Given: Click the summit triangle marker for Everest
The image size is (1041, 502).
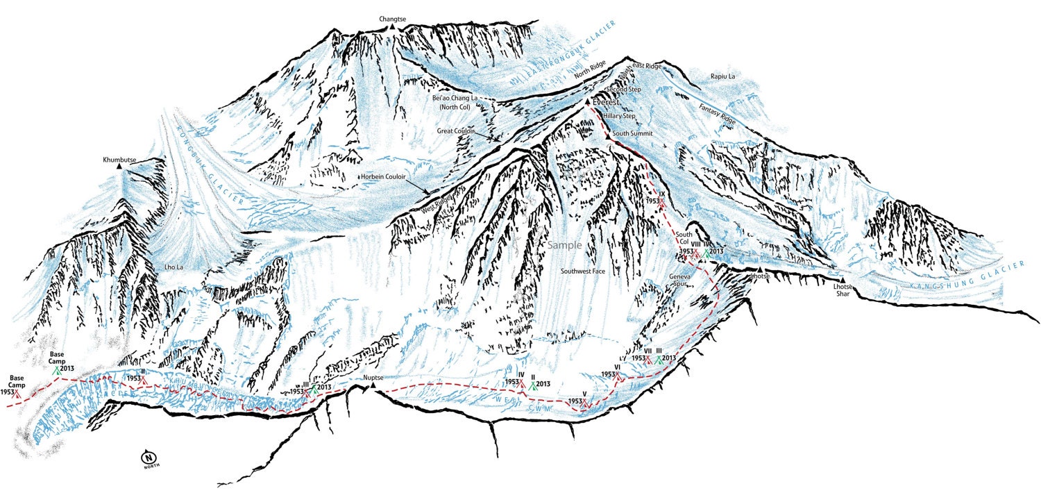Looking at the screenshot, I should tap(588, 102).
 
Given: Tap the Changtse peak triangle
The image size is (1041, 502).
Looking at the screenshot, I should tap(392, 26).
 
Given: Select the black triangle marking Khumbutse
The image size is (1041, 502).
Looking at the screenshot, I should tap(119, 167).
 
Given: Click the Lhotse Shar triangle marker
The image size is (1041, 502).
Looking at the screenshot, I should tap(843, 279).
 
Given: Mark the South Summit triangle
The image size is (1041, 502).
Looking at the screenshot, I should tap(609, 137).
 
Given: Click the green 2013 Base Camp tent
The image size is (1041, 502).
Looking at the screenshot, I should tap(56, 371).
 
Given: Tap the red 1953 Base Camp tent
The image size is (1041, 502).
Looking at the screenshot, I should tap(19, 394).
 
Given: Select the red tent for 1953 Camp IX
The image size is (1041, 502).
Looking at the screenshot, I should tap(662, 202).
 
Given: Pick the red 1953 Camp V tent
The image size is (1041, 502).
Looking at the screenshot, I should tap(586, 402).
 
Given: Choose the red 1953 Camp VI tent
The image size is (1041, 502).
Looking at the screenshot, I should tap(618, 376).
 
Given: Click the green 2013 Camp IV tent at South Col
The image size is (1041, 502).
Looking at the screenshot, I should tap(706, 253).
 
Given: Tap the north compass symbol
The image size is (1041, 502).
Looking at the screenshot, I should tap(148, 458).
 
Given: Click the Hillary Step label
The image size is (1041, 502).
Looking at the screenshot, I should tap(619, 116).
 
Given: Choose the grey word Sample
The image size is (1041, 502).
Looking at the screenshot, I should tap(564, 245).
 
